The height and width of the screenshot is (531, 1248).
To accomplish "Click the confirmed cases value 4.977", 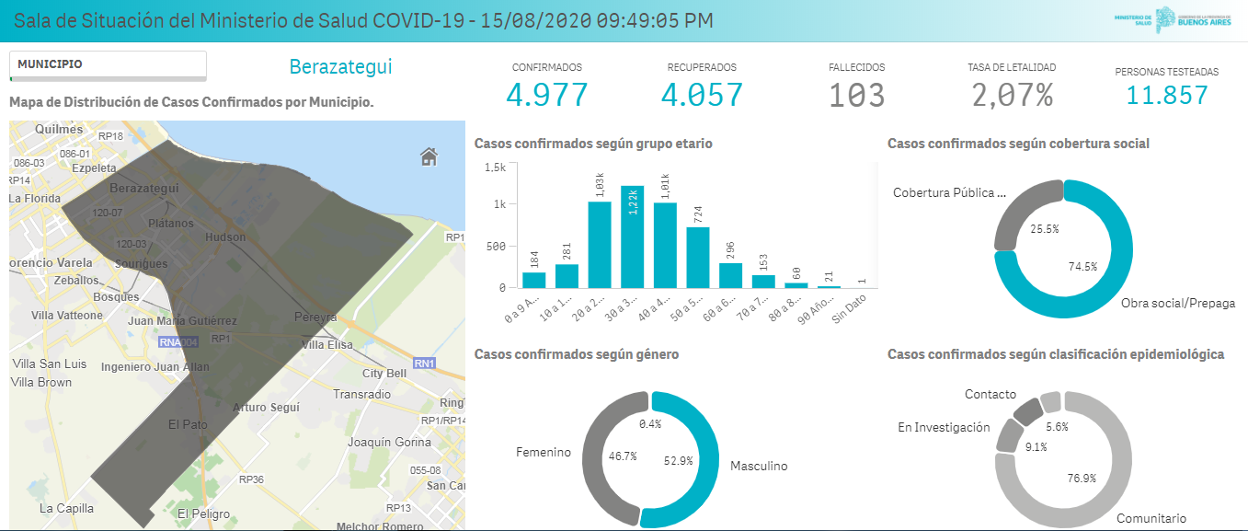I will [546, 95].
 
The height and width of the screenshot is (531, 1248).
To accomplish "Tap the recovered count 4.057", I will [702, 95].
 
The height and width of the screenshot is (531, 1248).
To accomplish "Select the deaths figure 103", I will [856, 95].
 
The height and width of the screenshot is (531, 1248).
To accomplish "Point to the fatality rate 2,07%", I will [1012, 95].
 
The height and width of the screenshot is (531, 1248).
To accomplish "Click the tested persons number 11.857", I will [1166, 94].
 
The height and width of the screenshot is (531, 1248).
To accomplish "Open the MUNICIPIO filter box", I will [108, 65].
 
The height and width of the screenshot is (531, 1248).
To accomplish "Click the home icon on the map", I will [429, 157].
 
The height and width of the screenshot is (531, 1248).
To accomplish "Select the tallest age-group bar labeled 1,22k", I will [632, 237].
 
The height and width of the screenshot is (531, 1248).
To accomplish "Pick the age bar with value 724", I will [698, 257].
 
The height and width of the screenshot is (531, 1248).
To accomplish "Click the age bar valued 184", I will [533, 280].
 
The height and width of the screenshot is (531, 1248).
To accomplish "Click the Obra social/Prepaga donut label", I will [1177, 303].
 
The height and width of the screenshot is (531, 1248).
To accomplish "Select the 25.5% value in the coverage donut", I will [1044, 229].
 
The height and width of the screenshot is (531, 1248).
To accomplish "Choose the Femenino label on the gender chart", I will [543, 452].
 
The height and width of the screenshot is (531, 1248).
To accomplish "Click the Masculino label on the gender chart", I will [759, 466].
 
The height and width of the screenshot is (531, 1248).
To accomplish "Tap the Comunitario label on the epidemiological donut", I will [1151, 518].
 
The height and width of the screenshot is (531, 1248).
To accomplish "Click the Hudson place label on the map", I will [225, 237].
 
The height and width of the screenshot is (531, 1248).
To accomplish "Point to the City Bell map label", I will [384, 374].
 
